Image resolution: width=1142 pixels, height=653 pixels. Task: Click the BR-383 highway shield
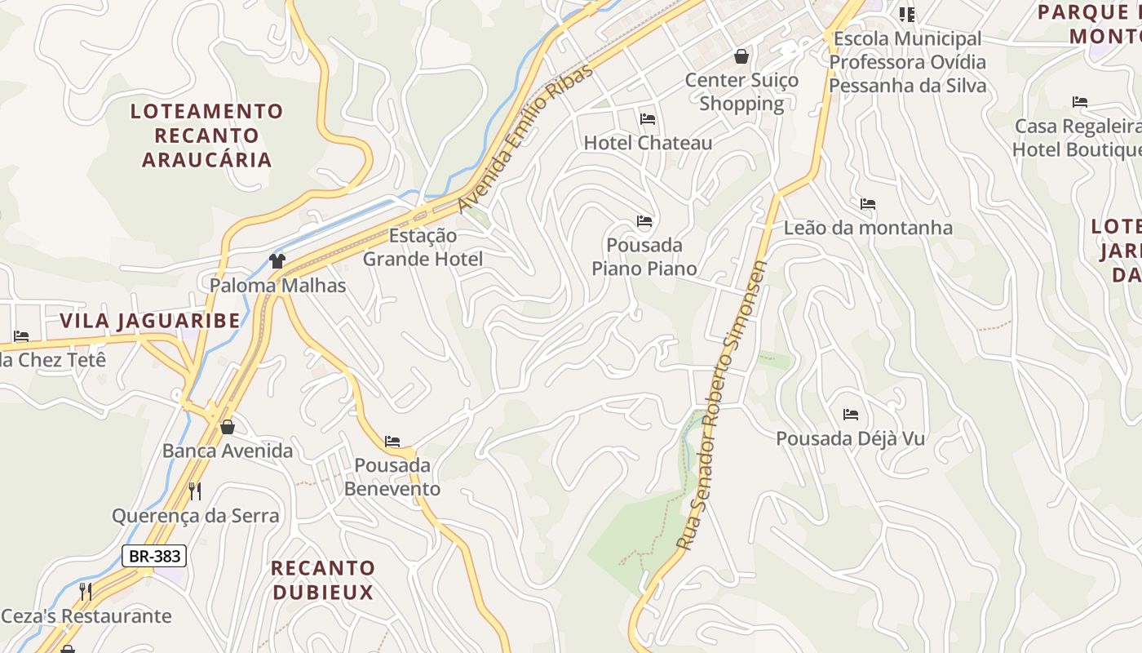[154, 556]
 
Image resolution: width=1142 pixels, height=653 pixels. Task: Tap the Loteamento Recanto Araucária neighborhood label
[207, 135]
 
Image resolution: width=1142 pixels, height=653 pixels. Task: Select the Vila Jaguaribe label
[150, 321]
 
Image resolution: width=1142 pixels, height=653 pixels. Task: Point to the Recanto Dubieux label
[323, 580]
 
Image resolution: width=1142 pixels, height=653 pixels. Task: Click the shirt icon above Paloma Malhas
[277, 261]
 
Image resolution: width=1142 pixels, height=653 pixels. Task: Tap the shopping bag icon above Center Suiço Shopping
[741, 56]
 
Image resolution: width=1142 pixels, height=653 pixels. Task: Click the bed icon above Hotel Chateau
[648, 119]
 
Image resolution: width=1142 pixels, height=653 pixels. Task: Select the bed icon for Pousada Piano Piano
[644, 221]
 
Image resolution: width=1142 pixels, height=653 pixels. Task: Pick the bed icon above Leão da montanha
[868, 204]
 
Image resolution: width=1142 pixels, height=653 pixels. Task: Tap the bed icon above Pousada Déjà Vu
[851, 415]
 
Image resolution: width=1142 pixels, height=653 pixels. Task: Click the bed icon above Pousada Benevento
[392, 442]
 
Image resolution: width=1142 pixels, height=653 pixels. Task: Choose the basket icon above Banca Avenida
[228, 427]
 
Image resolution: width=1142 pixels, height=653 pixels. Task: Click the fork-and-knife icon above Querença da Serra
[195, 491]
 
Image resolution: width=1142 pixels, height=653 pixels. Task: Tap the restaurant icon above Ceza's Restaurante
[86, 592]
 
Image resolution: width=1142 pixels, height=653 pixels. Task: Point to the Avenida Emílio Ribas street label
[526, 139]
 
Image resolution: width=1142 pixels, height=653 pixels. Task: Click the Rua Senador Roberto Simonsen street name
[722, 406]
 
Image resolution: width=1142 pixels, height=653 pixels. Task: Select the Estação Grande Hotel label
[423, 247]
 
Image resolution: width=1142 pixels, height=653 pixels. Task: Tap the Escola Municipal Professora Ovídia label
[907, 62]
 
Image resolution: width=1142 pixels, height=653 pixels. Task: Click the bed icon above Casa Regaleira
[1080, 102]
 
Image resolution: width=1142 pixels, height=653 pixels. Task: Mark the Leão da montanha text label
[868, 228]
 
